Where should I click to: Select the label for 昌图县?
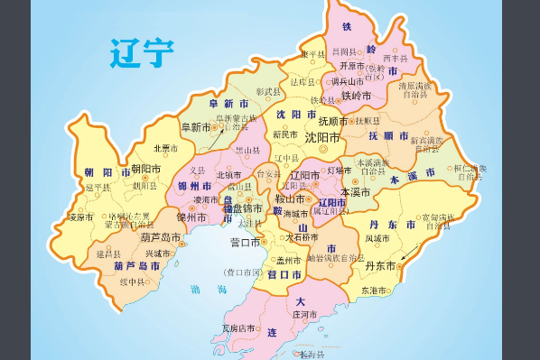point(345,52)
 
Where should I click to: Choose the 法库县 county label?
point(302,83)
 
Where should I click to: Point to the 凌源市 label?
point(81,217)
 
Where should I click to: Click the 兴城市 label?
point(156,254)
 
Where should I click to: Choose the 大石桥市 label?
point(301,238)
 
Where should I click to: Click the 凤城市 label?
point(380,238)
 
